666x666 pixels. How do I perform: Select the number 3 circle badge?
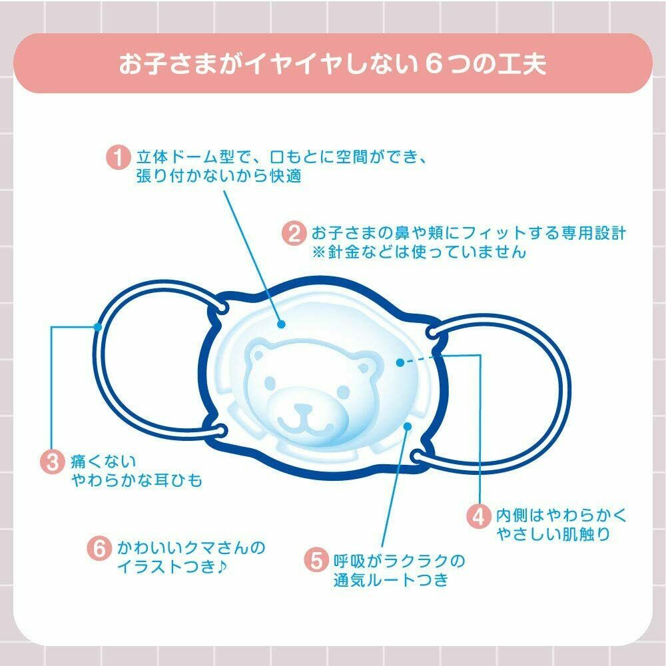(x=54, y=462)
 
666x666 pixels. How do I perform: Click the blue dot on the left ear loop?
(x=98, y=326)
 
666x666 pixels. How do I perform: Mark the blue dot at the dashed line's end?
(x=400, y=362)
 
